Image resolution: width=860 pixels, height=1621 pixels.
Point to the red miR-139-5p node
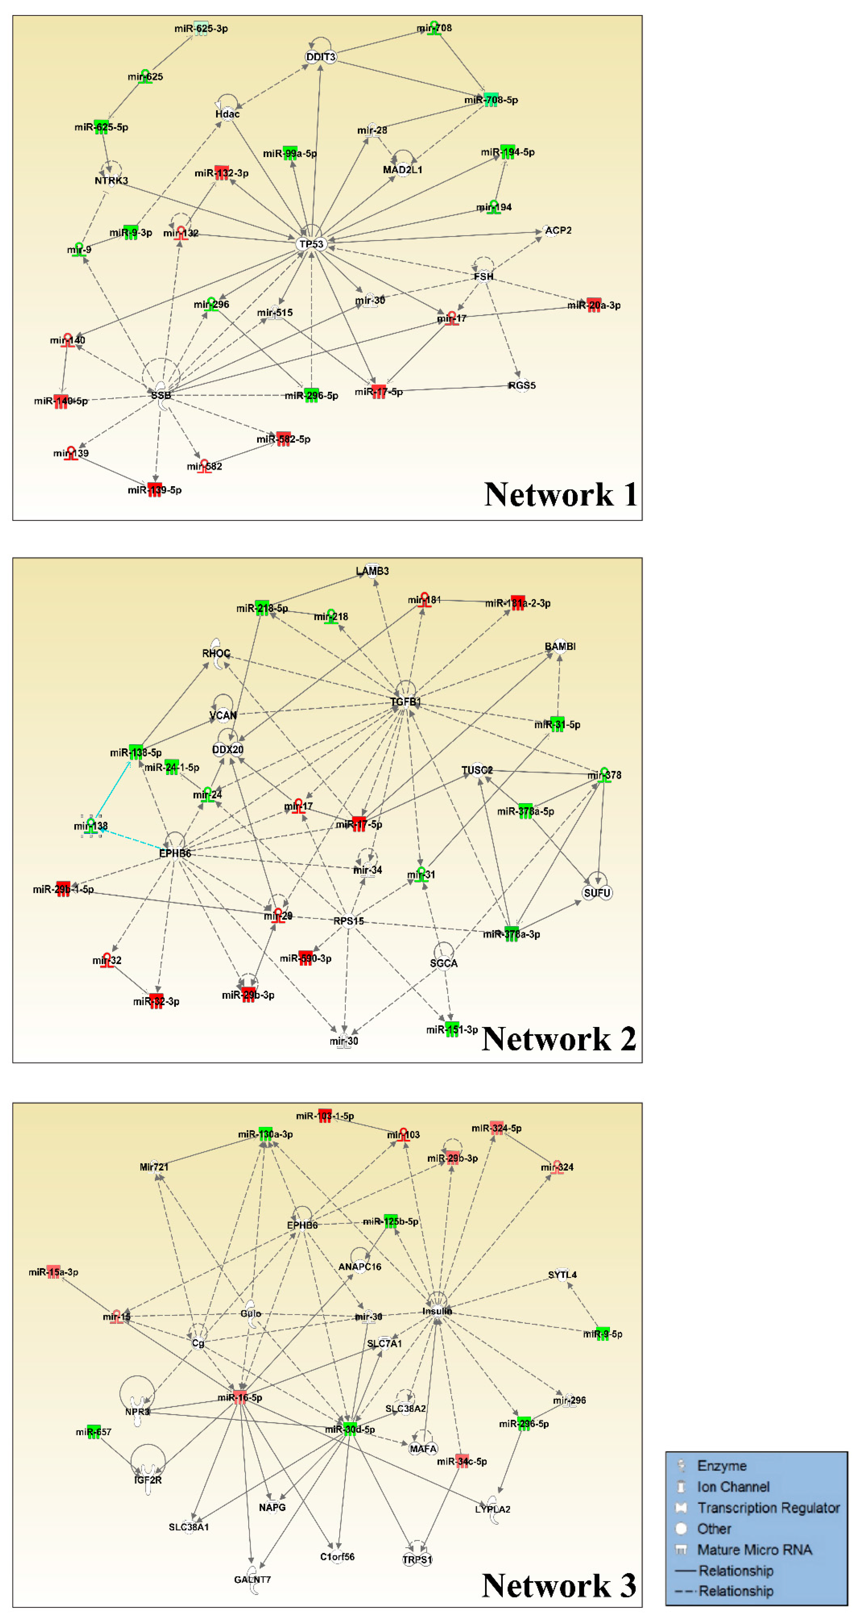155,489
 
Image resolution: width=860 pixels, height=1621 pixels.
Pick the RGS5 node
522,385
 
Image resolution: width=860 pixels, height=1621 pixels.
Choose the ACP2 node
557,230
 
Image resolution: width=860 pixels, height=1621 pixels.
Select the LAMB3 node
373,571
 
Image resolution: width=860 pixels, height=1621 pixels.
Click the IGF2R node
148,1480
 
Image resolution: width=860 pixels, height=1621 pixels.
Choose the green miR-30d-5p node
350,1429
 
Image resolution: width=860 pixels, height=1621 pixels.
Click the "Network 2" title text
559,1039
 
